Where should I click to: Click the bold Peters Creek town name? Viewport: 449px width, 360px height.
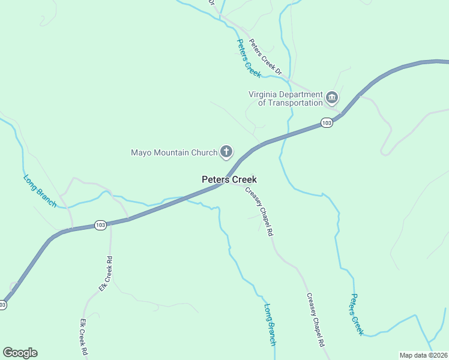[229, 179]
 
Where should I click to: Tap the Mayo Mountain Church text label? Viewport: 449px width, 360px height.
[173, 152]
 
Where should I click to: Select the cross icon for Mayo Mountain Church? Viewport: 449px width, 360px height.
[226, 152]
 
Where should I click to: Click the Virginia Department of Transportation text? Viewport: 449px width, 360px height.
[286, 98]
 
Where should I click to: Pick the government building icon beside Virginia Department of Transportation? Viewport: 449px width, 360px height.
[332, 97]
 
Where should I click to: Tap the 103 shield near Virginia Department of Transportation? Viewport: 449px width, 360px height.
[326, 122]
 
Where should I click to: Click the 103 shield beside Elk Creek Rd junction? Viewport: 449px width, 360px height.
[100, 225]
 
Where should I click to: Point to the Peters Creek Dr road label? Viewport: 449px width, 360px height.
[265, 57]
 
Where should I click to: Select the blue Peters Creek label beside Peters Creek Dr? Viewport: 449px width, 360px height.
[249, 58]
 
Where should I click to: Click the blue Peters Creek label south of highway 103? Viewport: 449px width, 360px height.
[357, 314]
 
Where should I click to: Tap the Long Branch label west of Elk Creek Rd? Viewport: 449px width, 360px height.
[40, 191]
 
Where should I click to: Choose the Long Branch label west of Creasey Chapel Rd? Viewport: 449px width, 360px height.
[270, 324]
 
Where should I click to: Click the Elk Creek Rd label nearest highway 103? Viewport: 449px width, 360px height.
[106, 274]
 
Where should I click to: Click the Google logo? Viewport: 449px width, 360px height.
[20, 353]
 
